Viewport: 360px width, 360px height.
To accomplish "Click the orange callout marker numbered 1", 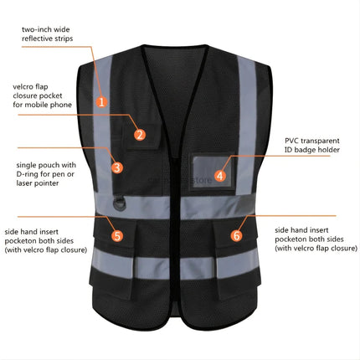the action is (x=101, y=101).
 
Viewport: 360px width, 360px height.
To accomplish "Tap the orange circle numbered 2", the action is (x=140, y=135).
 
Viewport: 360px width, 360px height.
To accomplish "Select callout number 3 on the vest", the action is (x=117, y=167).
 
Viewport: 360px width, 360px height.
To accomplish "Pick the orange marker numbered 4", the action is (x=220, y=176).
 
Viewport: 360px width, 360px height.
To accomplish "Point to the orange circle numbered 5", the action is (x=117, y=236).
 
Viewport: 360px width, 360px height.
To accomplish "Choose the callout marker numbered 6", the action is (x=237, y=235).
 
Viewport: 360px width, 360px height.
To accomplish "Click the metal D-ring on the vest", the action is (x=120, y=203).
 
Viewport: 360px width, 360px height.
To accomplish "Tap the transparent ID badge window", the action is (x=213, y=172).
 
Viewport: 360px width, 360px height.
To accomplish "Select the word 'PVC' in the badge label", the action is (x=291, y=141).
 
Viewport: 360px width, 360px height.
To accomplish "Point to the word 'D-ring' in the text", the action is (x=28, y=174).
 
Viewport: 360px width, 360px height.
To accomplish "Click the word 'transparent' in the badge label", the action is (x=320, y=141).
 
